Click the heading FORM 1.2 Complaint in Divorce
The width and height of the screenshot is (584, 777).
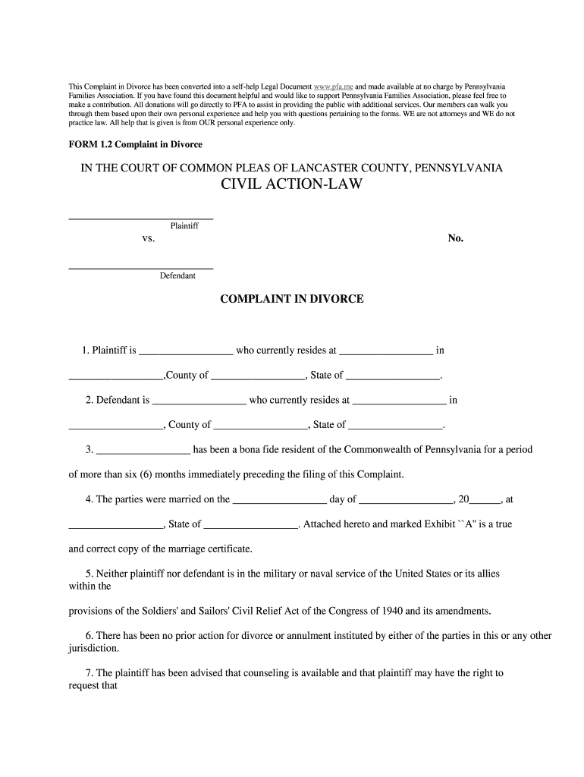click(136, 143)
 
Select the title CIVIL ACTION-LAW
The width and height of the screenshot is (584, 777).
click(292, 185)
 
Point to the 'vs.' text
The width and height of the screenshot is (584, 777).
click(149, 238)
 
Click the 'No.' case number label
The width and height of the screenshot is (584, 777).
click(456, 238)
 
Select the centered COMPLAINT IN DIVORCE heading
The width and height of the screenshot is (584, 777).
click(292, 299)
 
